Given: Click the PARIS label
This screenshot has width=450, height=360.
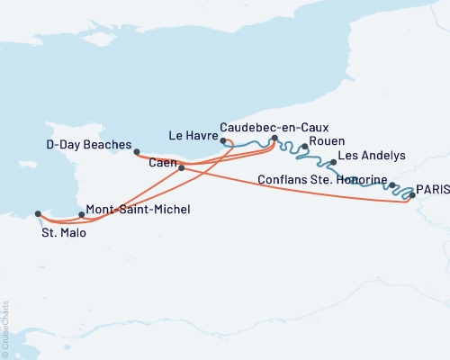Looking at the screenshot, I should pyautogui.click(x=433, y=191).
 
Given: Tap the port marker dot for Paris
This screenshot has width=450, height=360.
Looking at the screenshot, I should pyautogui.click(x=412, y=194).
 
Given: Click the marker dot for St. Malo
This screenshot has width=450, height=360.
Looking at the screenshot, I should pyautogui.click(x=38, y=214).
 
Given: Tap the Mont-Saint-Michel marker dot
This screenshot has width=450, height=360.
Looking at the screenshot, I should pyautogui.click(x=82, y=214).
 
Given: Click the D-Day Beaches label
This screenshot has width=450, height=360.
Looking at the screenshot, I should pyautogui.click(x=89, y=144).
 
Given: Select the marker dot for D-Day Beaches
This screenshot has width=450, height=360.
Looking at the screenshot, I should pyautogui.click(x=137, y=151).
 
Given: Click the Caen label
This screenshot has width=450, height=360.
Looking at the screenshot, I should pyautogui.click(x=163, y=162).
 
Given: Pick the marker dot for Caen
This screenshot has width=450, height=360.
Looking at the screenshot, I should pyautogui.click(x=182, y=167).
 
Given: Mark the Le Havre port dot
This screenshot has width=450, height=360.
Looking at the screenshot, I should pyautogui.click(x=222, y=141).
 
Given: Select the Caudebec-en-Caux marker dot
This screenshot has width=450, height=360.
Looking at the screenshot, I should pyautogui.click(x=274, y=139).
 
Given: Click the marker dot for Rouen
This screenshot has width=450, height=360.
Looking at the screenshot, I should pyautogui.click(x=306, y=147).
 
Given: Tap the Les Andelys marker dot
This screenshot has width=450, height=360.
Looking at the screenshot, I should pyautogui.click(x=334, y=163).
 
